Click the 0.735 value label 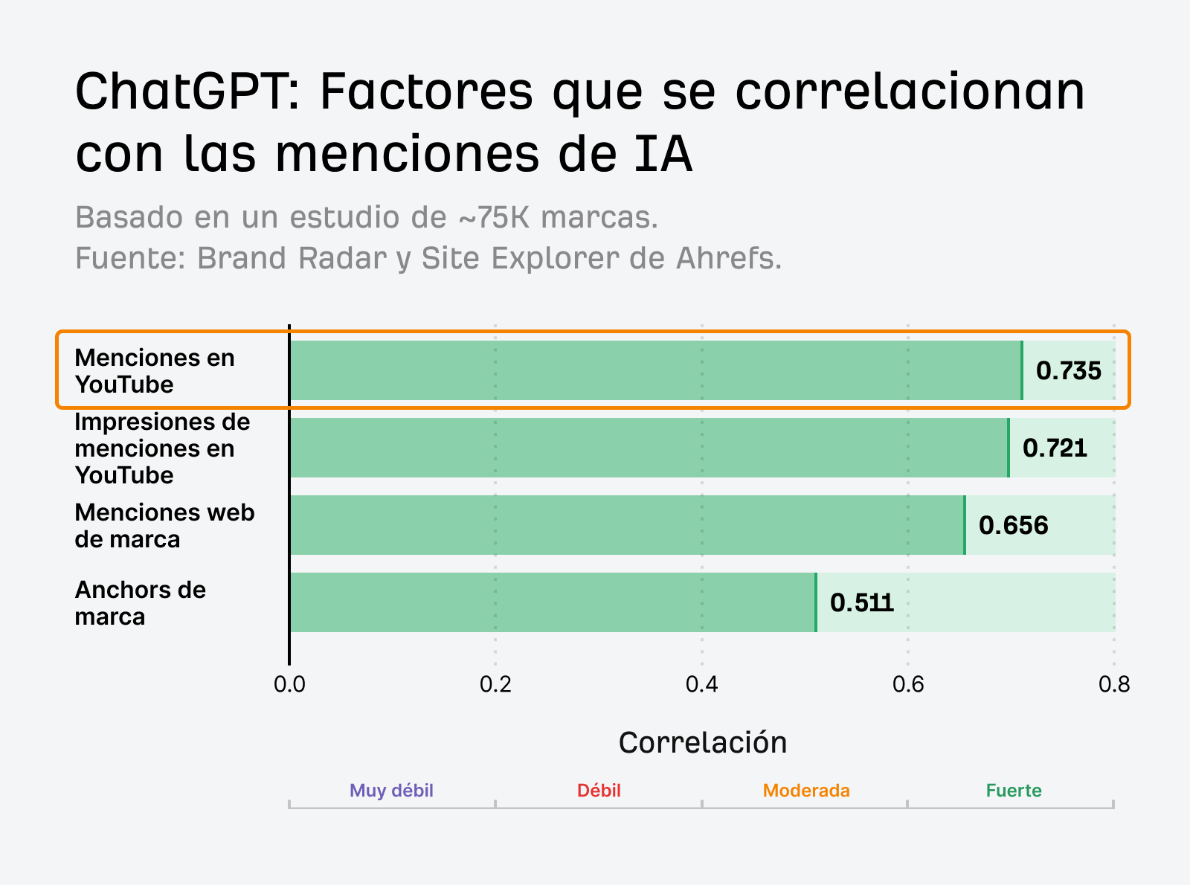tap(1068, 370)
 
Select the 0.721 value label tap(1055, 448)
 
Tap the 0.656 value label tap(1013, 525)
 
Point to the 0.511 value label tap(862, 602)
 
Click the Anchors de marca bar tap(553, 602)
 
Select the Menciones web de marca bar tap(627, 525)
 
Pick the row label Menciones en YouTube tap(155, 371)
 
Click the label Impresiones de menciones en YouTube tap(162, 448)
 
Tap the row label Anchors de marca tap(140, 603)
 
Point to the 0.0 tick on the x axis tap(289, 684)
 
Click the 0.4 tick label tap(701, 684)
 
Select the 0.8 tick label tap(1113, 684)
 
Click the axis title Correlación tap(702, 742)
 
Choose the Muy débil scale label tap(391, 791)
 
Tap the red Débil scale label tap(599, 791)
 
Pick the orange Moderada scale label tap(806, 791)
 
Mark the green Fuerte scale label tap(1013, 791)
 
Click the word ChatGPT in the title tap(186, 91)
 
